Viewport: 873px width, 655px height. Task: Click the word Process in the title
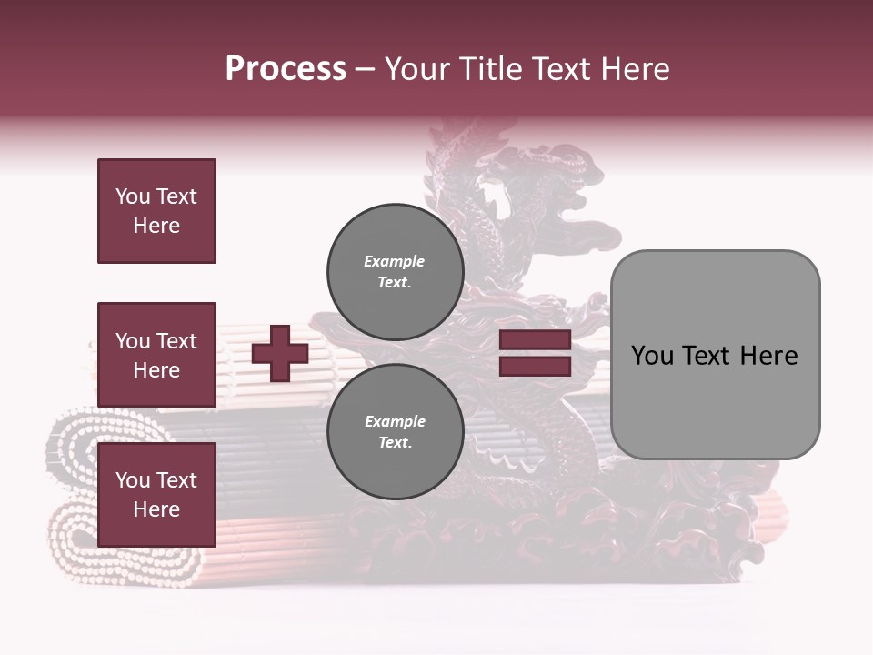pos(286,69)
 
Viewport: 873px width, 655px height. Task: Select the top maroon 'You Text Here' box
pos(156,211)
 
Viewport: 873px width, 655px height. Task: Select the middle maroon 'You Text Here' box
pos(156,355)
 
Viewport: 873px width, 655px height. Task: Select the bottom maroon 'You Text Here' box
pos(156,495)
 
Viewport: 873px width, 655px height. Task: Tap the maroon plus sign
pos(280,353)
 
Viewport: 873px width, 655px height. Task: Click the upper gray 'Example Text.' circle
pos(395,271)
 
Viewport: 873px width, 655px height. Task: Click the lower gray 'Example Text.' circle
pos(395,431)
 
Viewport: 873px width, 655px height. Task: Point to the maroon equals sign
pos(535,353)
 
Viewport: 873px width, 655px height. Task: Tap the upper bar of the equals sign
pos(535,340)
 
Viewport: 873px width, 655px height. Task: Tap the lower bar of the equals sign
pos(535,366)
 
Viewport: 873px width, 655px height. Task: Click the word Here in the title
pos(633,69)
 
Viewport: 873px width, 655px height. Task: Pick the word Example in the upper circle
pos(395,261)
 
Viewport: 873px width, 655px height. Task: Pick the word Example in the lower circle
pos(395,421)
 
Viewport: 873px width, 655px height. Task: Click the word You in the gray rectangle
pos(652,356)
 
